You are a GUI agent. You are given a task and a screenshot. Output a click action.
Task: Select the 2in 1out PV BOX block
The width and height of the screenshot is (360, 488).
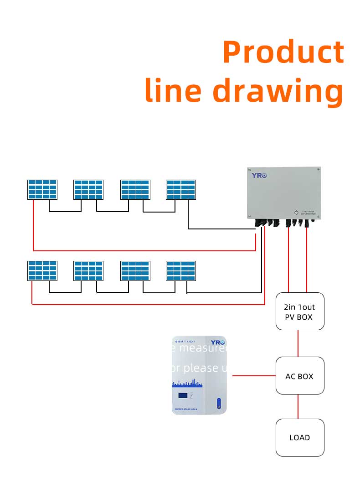pos(300,311)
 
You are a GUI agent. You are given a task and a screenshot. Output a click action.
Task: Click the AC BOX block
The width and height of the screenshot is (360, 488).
pos(300,376)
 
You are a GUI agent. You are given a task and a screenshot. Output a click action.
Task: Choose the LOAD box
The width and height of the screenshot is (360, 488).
pos(300,437)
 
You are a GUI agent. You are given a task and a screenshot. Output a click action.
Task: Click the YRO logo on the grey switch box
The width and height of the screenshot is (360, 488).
pos(259,175)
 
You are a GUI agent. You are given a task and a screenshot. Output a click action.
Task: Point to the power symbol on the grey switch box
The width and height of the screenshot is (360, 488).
pos(296,213)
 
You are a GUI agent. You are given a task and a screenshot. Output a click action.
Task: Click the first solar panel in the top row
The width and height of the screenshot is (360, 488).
pos(42,189)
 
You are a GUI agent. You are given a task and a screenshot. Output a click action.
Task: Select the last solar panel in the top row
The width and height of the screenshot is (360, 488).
pos(181,189)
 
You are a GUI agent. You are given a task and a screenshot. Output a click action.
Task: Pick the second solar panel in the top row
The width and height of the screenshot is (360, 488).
pos(88,189)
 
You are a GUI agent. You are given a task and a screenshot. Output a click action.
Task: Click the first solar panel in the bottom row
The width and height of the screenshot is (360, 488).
pos(42,270)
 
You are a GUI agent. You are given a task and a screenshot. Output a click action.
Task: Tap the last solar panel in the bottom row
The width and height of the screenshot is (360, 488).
pos(181,270)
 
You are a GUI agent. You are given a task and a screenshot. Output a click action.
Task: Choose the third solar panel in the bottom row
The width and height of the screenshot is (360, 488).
pos(135,270)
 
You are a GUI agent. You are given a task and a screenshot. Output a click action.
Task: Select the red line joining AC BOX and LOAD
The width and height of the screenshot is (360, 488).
pos(298,406)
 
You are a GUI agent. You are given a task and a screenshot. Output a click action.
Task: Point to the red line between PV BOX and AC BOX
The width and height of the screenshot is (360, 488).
pos(298,343)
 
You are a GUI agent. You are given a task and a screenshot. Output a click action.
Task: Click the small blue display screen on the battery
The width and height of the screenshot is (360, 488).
pos(183,395)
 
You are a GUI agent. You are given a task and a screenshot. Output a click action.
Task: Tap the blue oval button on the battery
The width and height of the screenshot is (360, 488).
pos(219,403)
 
